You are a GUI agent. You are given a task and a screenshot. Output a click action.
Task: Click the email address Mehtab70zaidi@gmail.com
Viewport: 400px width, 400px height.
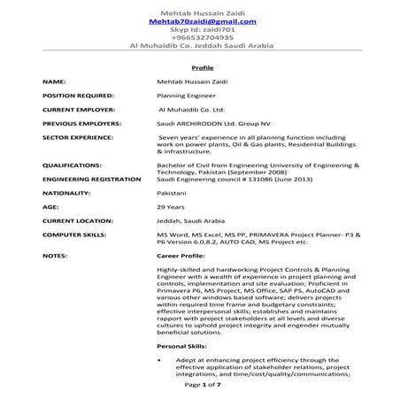(203, 20)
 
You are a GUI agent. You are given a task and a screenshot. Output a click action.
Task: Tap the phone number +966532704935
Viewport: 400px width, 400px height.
(203, 37)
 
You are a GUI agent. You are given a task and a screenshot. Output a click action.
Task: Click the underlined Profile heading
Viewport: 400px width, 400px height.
(203, 67)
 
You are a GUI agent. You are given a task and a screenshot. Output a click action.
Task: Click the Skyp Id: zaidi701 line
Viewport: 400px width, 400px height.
(203, 28)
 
